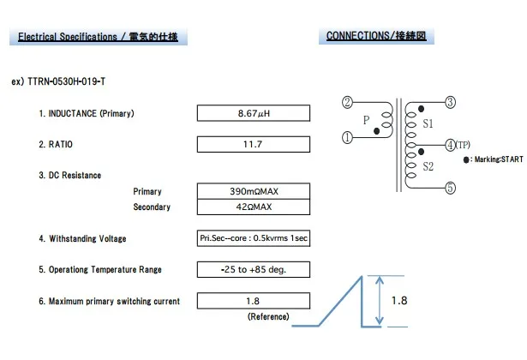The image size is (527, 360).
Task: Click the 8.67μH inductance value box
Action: coord(253,113)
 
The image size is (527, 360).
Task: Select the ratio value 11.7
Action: coord(253,144)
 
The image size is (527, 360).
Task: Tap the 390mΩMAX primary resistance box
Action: coord(253,191)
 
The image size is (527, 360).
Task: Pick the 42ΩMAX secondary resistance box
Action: coord(253,207)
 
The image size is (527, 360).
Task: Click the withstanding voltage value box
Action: coord(253,238)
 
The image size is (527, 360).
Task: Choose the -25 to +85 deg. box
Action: coord(253,269)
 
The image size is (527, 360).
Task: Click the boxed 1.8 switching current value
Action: coord(253,301)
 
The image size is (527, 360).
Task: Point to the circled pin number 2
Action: coord(347,104)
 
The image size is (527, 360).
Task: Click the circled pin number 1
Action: coord(347,135)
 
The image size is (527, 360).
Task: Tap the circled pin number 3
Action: coord(451,103)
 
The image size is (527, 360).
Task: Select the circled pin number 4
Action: coord(451,145)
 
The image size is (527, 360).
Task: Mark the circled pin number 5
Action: coord(451,188)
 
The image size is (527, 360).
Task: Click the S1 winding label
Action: coord(428,123)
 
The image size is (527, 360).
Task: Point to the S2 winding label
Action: coord(428,166)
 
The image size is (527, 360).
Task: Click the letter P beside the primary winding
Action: coord(366,120)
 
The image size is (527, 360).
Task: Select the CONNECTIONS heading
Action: coord(376,36)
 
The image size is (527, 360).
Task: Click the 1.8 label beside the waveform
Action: coord(399,301)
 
